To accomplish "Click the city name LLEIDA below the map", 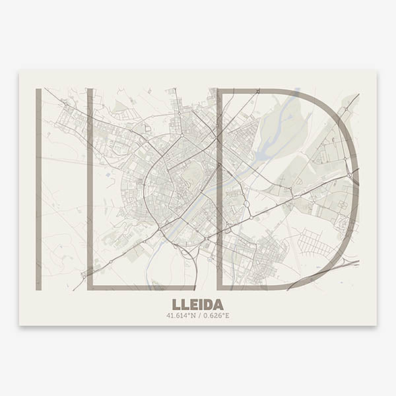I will click(197, 304).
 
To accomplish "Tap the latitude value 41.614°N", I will click(182, 315).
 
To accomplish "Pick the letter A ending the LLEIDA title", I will click(218, 304).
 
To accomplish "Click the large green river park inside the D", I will click(280, 129).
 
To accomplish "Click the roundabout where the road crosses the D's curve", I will click(347, 160).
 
